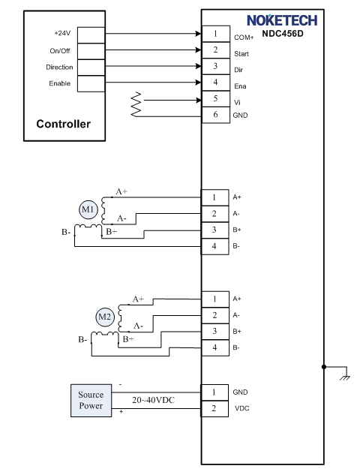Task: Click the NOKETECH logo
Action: [x=282, y=20]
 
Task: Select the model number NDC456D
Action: [x=283, y=33]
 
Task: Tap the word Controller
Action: [x=63, y=124]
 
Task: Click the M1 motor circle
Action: [x=88, y=209]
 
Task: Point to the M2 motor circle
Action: [x=105, y=317]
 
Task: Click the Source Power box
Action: [x=91, y=401]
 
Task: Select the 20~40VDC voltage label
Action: [x=154, y=400]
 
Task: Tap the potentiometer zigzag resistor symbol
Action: [x=136, y=104]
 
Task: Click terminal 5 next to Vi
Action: [x=215, y=98]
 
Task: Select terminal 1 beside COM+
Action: [x=215, y=34]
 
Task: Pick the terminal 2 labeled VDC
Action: [x=214, y=409]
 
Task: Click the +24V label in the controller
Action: [x=62, y=33]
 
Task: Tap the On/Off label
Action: [x=60, y=50]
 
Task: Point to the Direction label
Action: [x=59, y=67]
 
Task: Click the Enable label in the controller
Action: [x=60, y=83]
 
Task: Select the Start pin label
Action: [x=241, y=54]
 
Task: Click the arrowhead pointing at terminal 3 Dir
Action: [x=199, y=66]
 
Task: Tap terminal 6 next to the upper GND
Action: [x=215, y=115]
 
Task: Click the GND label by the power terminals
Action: [x=240, y=392]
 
